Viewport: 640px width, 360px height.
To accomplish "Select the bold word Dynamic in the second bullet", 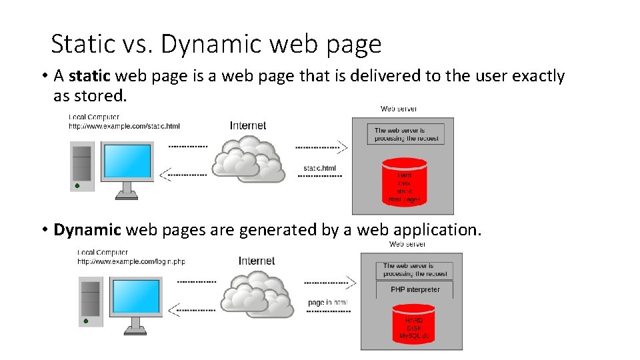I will click(87, 230).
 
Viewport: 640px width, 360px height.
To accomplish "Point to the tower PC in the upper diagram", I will click(81, 166).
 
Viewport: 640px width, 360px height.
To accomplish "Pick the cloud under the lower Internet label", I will click(257, 293).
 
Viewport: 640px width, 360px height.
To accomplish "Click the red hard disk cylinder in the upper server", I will click(405, 181).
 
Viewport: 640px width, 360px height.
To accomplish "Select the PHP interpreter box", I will click(415, 289).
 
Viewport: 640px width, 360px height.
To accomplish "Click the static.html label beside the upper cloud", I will click(320, 169).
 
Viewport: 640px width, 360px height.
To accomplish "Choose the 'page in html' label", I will click(327, 303).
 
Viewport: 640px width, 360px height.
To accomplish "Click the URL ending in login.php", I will click(131, 261).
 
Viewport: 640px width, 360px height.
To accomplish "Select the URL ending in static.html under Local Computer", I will click(124, 126).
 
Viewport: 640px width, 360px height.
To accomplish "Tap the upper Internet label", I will click(248, 125).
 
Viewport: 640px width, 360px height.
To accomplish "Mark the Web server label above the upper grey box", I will click(399, 109).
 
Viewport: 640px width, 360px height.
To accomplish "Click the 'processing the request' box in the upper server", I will click(405, 134).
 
